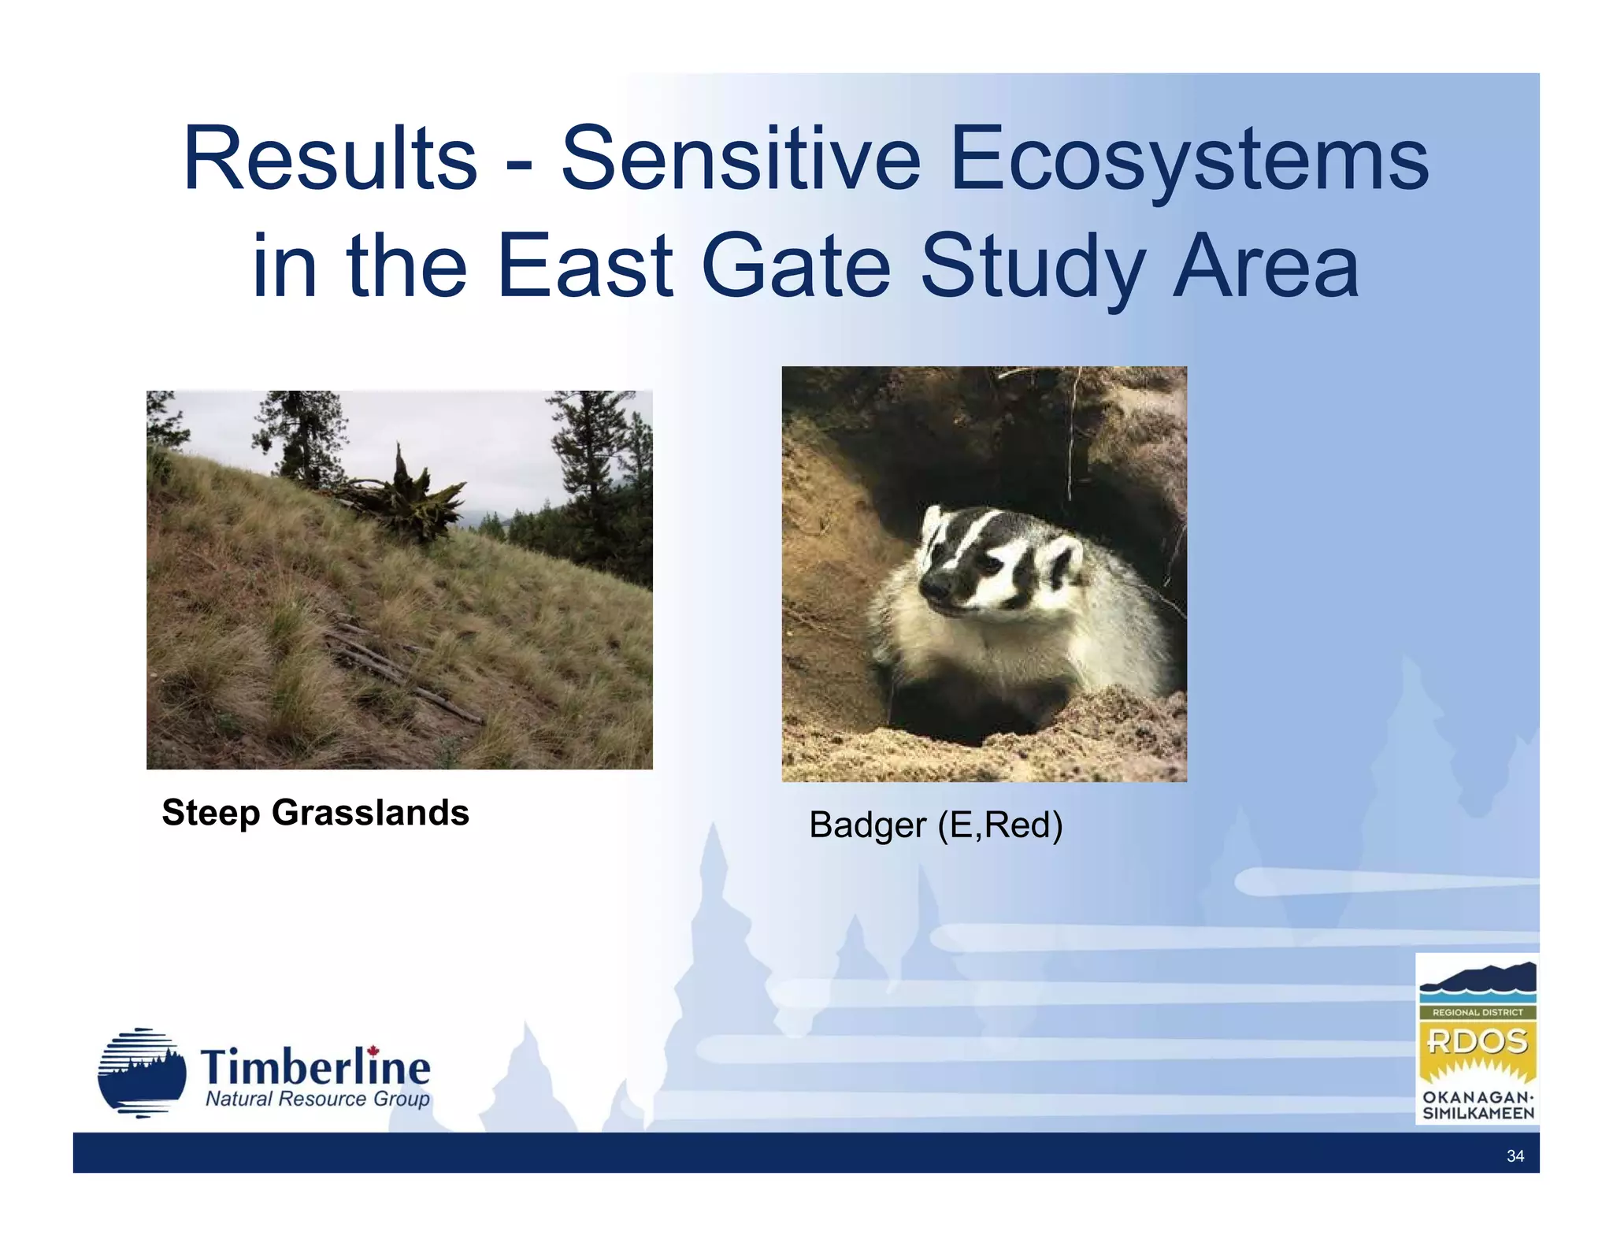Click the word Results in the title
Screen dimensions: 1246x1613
pyautogui.click(x=329, y=159)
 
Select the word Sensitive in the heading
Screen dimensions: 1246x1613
pyautogui.click(x=740, y=159)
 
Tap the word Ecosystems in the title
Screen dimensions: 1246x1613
pyautogui.click(x=1189, y=159)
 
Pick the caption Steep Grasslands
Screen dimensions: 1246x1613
pyautogui.click(x=315, y=813)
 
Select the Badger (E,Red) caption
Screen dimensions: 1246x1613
pyautogui.click(x=936, y=825)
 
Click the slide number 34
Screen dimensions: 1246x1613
pyautogui.click(x=1515, y=1156)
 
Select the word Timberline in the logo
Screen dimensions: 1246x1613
pyautogui.click(x=315, y=1068)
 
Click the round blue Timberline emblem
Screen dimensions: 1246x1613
pyautogui.click(x=142, y=1073)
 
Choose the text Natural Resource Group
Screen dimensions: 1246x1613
pyautogui.click(x=317, y=1100)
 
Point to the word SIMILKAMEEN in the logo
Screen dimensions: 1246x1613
pyautogui.click(x=1478, y=1114)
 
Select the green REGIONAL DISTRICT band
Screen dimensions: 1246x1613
pyautogui.click(x=1478, y=1012)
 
